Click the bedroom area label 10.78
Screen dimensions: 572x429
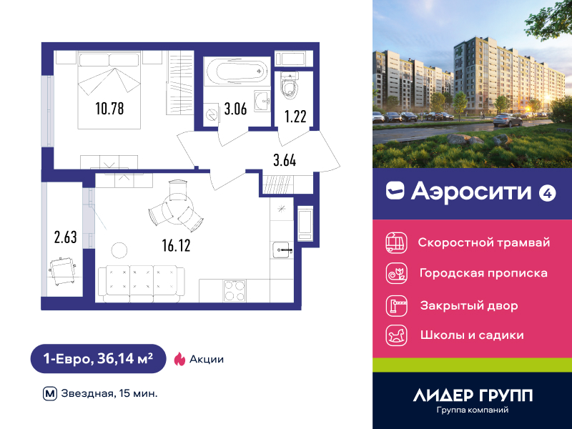pyautogui.click(x=109, y=109)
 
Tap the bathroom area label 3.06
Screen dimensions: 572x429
pyautogui.click(x=235, y=109)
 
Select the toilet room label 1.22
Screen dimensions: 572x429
pyautogui.click(x=295, y=117)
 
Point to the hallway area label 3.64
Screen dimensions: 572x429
pyautogui.click(x=285, y=160)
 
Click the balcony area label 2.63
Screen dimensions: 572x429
pyautogui.click(x=65, y=237)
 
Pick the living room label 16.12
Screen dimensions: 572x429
pyautogui.click(x=176, y=245)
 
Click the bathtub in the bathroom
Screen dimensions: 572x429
pyautogui.click(x=237, y=71)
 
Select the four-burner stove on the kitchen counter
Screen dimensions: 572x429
pyautogui.click(x=235, y=290)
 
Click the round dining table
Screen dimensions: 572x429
pyautogui.click(x=177, y=207)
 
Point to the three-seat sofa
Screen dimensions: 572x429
pyautogui.click(x=141, y=284)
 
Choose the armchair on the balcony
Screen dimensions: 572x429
pyautogui.click(x=63, y=271)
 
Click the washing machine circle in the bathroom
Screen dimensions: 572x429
pyautogui.click(x=211, y=114)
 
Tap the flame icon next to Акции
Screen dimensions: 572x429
pyautogui.click(x=179, y=359)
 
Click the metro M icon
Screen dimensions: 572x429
pyautogui.click(x=50, y=394)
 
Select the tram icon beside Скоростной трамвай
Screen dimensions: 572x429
pyautogui.click(x=397, y=242)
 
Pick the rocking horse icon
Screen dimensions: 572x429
pyautogui.click(x=397, y=335)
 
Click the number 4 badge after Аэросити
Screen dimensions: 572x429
pyautogui.click(x=547, y=192)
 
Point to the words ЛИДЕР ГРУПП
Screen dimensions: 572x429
pyautogui.click(x=473, y=395)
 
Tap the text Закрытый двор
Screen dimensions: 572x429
pyautogui.click(x=469, y=305)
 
